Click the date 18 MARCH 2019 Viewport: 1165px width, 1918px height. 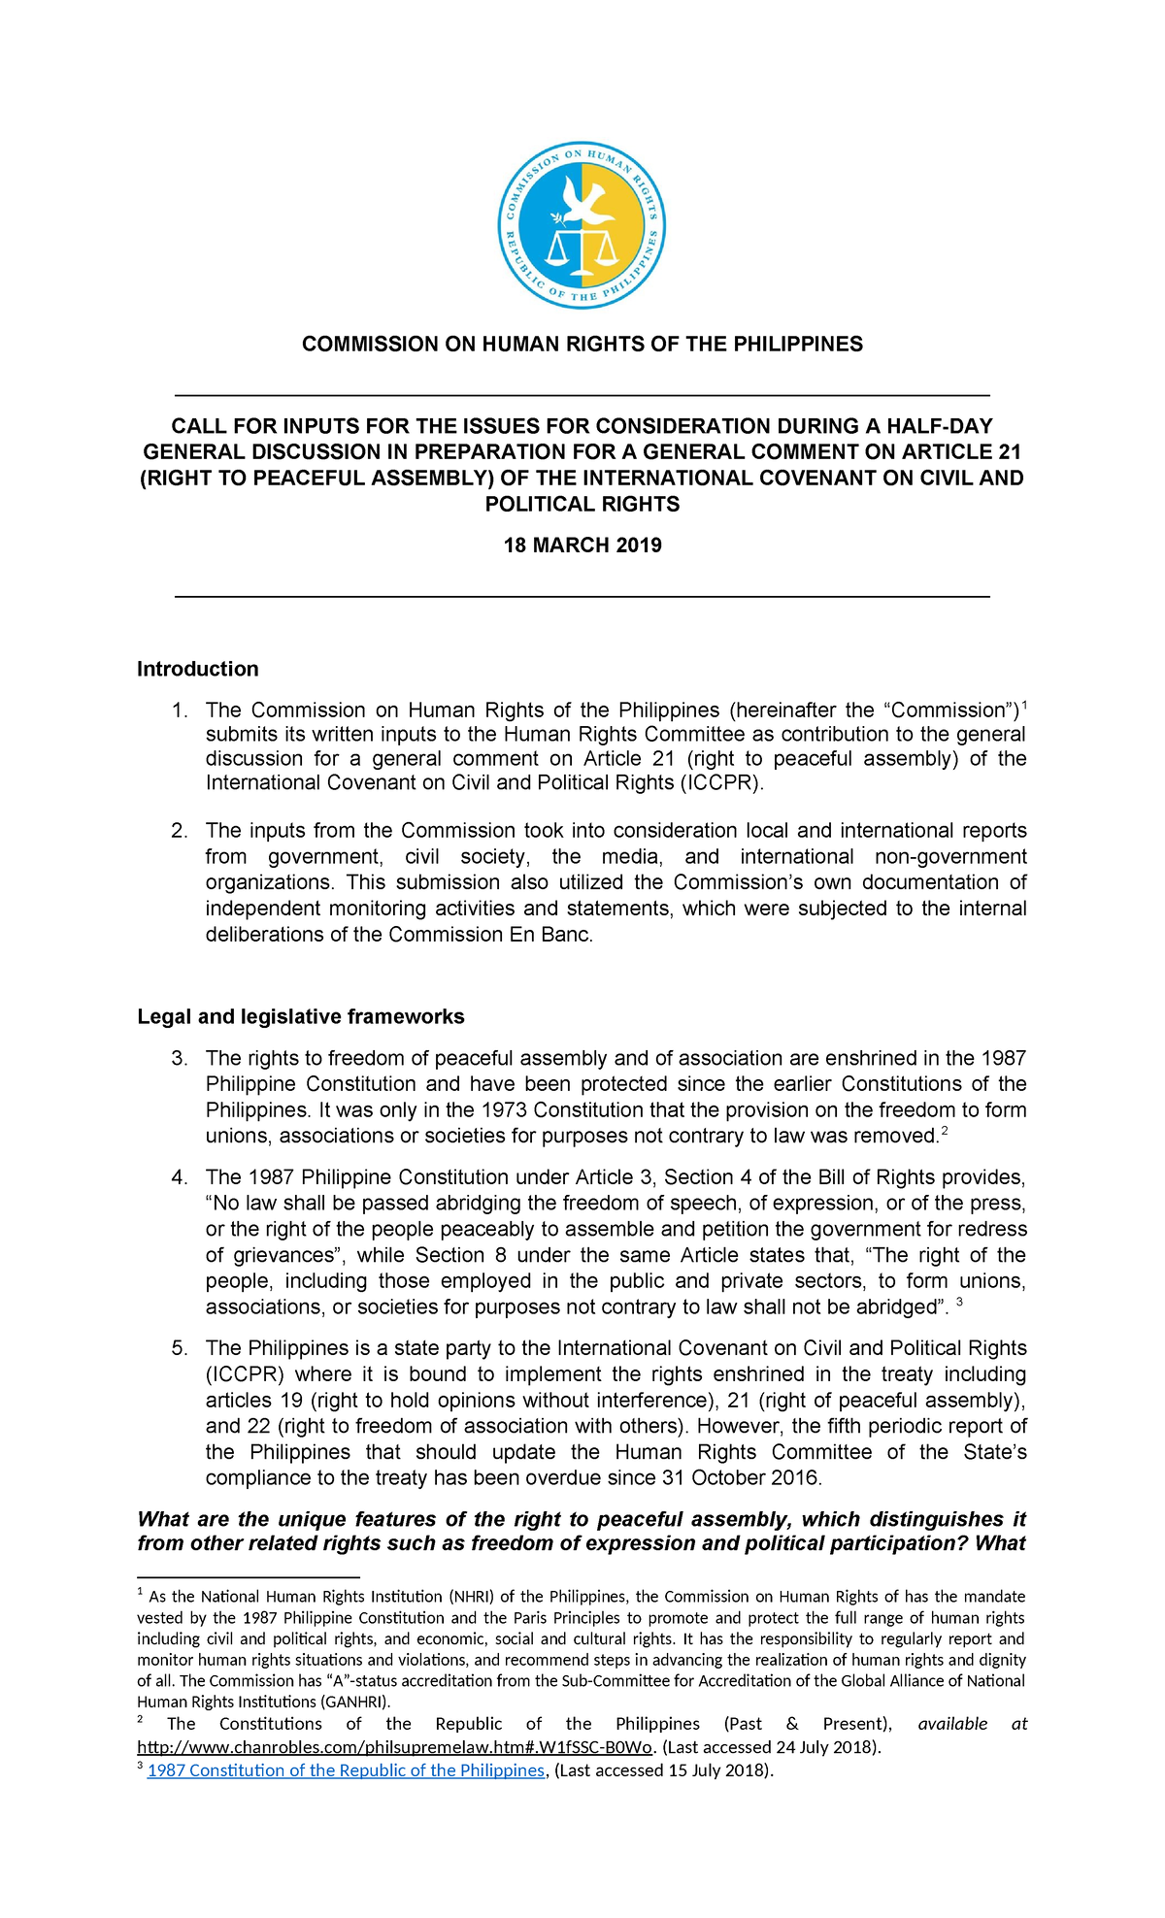click(x=582, y=545)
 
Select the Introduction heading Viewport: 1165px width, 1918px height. click(x=197, y=669)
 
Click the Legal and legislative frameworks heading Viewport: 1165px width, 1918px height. click(x=300, y=1016)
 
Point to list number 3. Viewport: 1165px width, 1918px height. click(x=180, y=1058)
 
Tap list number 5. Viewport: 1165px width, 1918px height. click(x=180, y=1348)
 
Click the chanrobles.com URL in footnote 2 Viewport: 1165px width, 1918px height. click(x=396, y=1747)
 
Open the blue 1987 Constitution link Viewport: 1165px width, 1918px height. click(x=346, y=1769)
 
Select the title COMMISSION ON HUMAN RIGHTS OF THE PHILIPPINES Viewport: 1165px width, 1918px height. click(x=582, y=344)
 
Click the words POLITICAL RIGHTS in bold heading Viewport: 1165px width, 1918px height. click(x=582, y=504)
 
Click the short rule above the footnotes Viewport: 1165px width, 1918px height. click(x=249, y=1577)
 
